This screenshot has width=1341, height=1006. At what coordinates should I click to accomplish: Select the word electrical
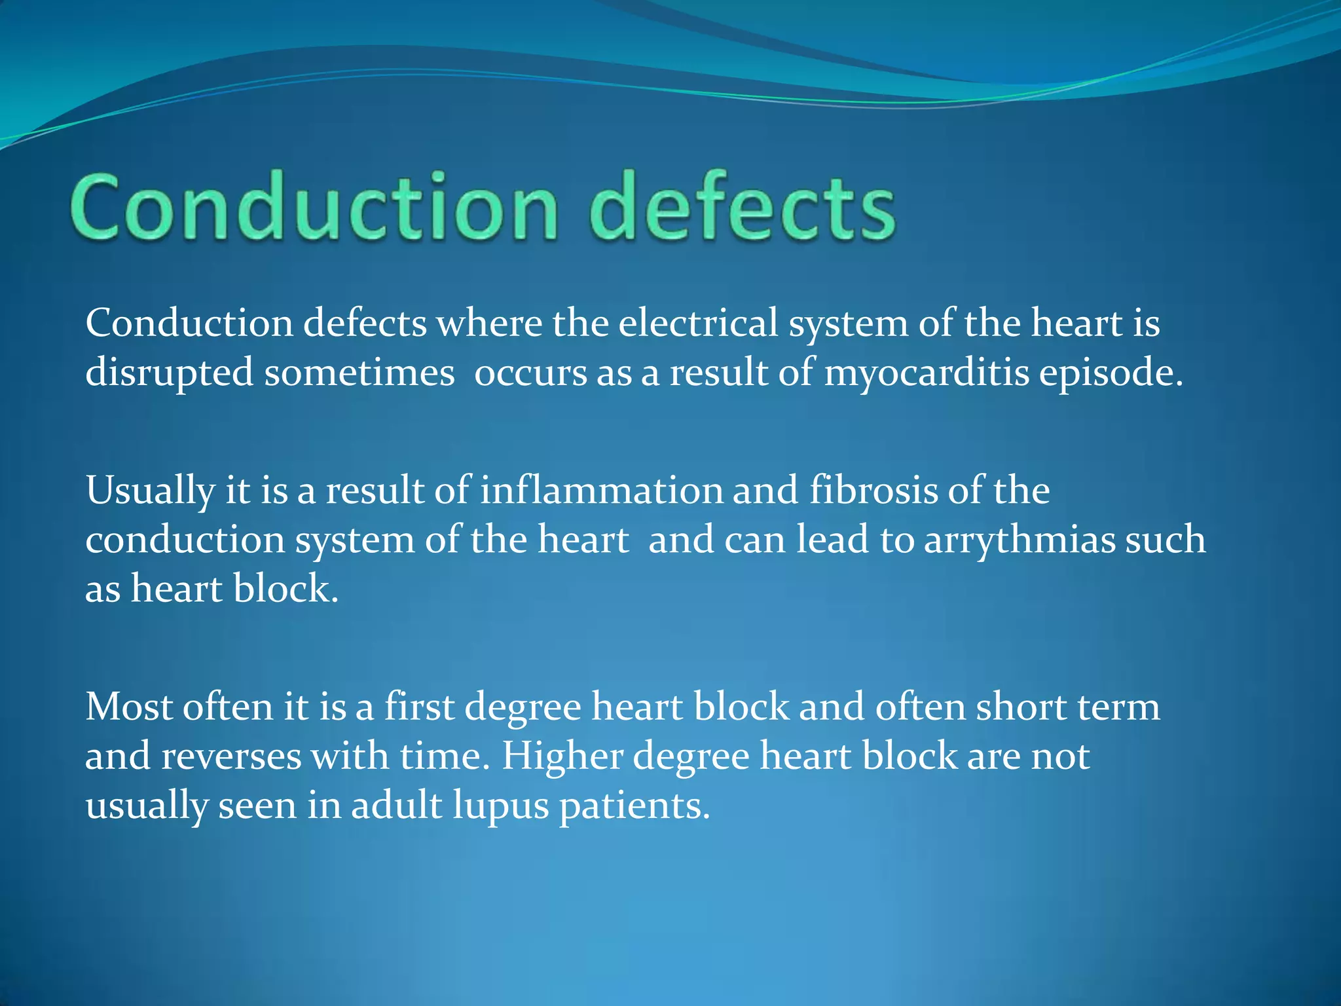(698, 324)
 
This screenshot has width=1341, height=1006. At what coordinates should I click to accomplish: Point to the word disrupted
(169, 373)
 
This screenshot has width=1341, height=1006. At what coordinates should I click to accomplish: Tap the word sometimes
(359, 373)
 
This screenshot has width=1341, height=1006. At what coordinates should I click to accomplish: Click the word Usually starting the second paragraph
(150, 490)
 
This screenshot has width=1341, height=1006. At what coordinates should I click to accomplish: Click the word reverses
(231, 756)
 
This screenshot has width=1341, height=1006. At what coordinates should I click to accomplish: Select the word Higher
(562, 756)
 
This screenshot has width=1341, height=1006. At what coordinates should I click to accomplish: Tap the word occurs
(530, 373)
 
